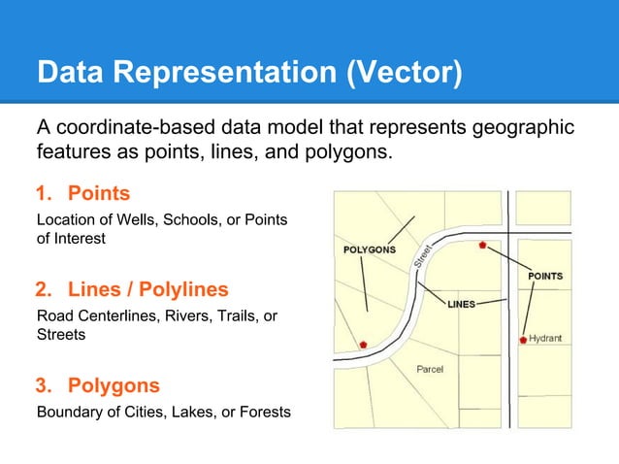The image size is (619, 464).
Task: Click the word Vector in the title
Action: click(406, 73)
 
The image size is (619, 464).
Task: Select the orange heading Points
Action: click(98, 195)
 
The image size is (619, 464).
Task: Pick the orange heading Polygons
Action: click(114, 385)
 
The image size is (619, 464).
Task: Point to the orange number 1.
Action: click(43, 195)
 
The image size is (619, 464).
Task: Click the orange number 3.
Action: click(43, 385)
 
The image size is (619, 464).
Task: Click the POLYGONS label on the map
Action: click(370, 249)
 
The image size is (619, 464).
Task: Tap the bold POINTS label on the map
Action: click(544, 277)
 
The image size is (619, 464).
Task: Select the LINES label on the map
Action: click(461, 304)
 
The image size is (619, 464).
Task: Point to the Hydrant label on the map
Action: click(544, 339)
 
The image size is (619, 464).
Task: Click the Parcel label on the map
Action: click(431, 370)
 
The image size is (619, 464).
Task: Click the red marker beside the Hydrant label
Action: click(523, 340)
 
